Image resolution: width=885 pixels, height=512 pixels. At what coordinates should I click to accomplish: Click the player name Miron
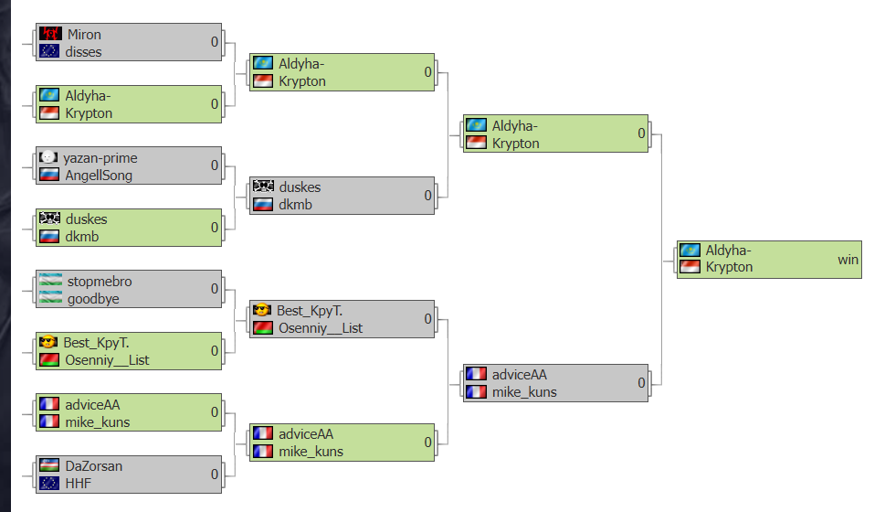tap(84, 35)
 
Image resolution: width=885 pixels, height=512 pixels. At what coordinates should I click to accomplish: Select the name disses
tap(83, 52)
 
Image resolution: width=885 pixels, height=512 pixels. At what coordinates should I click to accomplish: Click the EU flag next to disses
tap(49, 51)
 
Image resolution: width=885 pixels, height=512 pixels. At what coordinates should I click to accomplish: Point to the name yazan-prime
tap(100, 158)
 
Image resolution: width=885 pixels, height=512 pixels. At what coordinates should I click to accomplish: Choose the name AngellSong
tap(99, 176)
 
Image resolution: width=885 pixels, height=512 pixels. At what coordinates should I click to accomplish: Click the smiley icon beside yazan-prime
tap(48, 157)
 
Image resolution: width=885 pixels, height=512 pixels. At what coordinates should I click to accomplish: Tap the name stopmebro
tap(100, 282)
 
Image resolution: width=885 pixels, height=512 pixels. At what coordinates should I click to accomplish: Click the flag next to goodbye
tap(51, 297)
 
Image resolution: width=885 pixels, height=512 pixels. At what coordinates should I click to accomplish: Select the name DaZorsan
tap(94, 466)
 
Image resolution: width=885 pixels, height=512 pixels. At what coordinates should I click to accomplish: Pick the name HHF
tap(78, 484)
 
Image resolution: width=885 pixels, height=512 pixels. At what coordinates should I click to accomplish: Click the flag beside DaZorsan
tap(49, 465)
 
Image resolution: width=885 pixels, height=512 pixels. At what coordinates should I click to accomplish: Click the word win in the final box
tap(848, 260)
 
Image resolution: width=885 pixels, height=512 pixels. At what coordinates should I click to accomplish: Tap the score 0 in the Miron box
tap(215, 42)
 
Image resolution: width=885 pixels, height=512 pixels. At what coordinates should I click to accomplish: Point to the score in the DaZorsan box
tap(215, 475)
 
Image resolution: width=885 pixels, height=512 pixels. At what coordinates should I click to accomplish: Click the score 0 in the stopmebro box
tap(215, 289)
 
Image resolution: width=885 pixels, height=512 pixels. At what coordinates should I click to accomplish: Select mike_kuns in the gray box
tap(524, 392)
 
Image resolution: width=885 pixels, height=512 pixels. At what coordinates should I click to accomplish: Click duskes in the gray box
tap(300, 187)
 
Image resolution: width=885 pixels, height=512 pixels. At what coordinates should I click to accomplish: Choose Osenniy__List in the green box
tap(107, 360)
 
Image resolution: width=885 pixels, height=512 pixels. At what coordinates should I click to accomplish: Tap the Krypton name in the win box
tap(729, 267)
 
